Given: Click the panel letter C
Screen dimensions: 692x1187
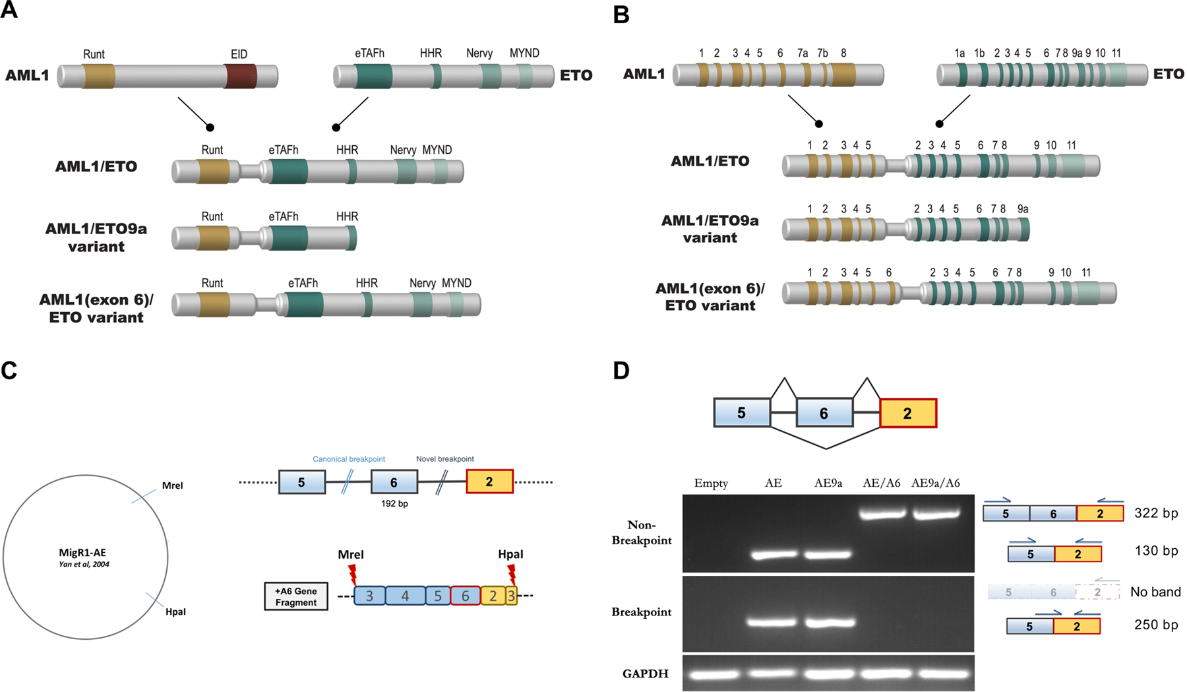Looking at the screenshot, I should point(9,371).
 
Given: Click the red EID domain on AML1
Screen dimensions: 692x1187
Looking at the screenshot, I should point(240,76).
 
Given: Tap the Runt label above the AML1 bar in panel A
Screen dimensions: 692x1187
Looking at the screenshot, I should point(94,54).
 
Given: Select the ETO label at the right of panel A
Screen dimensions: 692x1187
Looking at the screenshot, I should point(576,75).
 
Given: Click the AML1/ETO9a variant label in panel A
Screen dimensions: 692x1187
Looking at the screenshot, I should point(96,237).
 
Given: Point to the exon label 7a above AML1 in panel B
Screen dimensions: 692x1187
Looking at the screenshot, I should point(802,53).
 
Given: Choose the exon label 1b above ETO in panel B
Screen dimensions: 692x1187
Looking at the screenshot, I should point(979,53).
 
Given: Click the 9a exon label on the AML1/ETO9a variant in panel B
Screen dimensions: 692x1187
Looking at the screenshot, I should point(1022,208).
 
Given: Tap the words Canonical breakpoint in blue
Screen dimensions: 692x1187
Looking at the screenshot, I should point(349,459).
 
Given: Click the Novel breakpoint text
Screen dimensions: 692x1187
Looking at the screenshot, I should point(444,459).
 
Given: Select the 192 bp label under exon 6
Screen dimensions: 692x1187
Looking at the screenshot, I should point(394,504).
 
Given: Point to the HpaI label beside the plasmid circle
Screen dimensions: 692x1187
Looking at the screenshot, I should point(175,612).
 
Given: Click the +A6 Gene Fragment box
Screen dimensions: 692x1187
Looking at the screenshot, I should point(296,596).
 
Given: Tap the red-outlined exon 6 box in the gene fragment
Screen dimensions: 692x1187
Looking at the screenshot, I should point(466,596).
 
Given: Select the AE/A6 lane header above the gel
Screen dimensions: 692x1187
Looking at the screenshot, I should point(881,483).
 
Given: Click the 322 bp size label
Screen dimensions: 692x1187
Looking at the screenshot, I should point(1155,513).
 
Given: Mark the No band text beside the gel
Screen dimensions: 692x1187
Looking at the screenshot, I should point(1155,592).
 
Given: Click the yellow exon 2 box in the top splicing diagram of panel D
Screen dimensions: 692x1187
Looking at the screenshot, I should point(907,414).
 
